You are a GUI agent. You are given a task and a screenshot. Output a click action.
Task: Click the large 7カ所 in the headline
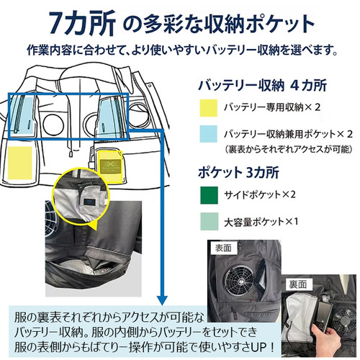(82, 24)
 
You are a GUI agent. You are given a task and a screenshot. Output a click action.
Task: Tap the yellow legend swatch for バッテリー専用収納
(209, 108)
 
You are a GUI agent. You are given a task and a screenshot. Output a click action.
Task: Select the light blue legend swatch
(209, 134)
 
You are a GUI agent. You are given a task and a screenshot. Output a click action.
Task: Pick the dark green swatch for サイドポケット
(209, 195)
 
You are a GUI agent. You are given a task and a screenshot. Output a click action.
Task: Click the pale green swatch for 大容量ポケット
(209, 221)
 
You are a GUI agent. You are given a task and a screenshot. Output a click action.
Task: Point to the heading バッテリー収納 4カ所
(263, 86)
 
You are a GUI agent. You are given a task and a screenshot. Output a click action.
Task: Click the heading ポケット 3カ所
(238, 173)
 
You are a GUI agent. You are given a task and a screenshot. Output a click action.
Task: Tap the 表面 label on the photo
(223, 248)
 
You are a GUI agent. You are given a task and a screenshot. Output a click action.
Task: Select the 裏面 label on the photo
(297, 284)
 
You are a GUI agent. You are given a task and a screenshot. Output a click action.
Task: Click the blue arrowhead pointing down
(163, 300)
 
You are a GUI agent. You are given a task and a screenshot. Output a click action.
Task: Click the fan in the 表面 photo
(238, 280)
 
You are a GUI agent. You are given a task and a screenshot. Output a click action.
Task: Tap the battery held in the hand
(324, 316)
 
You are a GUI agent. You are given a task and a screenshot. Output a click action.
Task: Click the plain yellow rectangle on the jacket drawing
(20, 163)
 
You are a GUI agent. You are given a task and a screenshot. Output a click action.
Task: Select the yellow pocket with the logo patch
(110, 166)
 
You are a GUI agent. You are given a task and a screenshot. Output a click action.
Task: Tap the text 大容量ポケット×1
(261, 222)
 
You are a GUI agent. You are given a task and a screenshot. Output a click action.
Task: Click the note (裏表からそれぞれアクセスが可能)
(289, 150)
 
